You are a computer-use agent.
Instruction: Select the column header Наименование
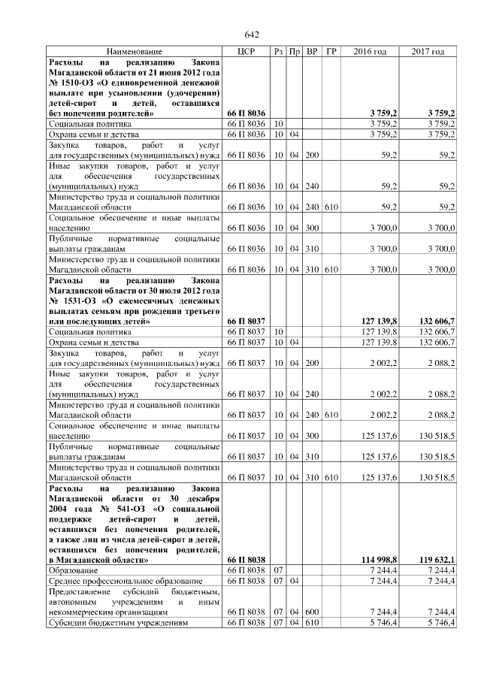click(x=134, y=51)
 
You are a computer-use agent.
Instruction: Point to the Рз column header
click(x=278, y=51)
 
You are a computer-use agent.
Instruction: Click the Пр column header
click(x=295, y=51)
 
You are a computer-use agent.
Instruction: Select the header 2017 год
click(x=428, y=51)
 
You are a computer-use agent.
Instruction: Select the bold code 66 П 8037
click(x=247, y=322)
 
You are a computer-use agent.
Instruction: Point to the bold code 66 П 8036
click(x=247, y=113)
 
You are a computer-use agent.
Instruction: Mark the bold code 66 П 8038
click(x=247, y=560)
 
